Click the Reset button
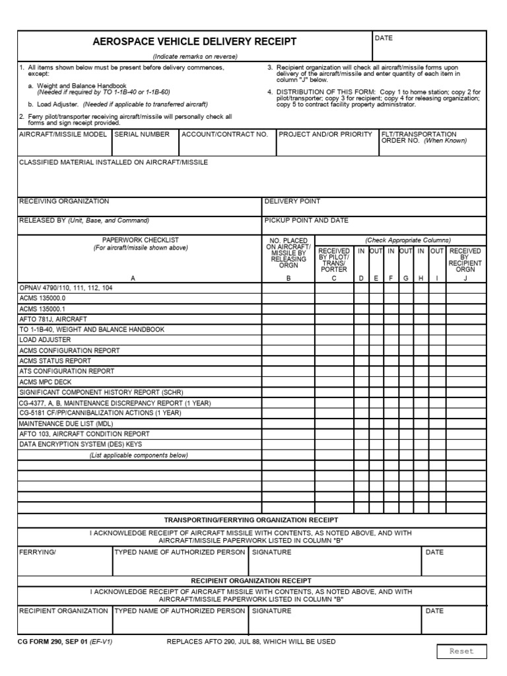[461, 651]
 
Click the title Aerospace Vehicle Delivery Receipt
[195, 42]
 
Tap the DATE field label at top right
[384, 38]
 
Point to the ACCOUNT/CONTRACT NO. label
[224, 134]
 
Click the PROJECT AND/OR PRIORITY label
[325, 134]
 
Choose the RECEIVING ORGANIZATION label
[64, 201]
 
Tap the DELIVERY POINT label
[292, 201]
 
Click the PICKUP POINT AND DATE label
[306, 220]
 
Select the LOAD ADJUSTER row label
[45, 339]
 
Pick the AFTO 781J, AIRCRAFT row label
[53, 318]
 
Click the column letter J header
[465, 279]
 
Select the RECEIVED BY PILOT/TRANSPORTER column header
[334, 260]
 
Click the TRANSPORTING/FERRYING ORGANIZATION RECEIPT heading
[251, 520]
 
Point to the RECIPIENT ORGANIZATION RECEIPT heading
[251, 580]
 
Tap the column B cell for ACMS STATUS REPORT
[288, 360]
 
